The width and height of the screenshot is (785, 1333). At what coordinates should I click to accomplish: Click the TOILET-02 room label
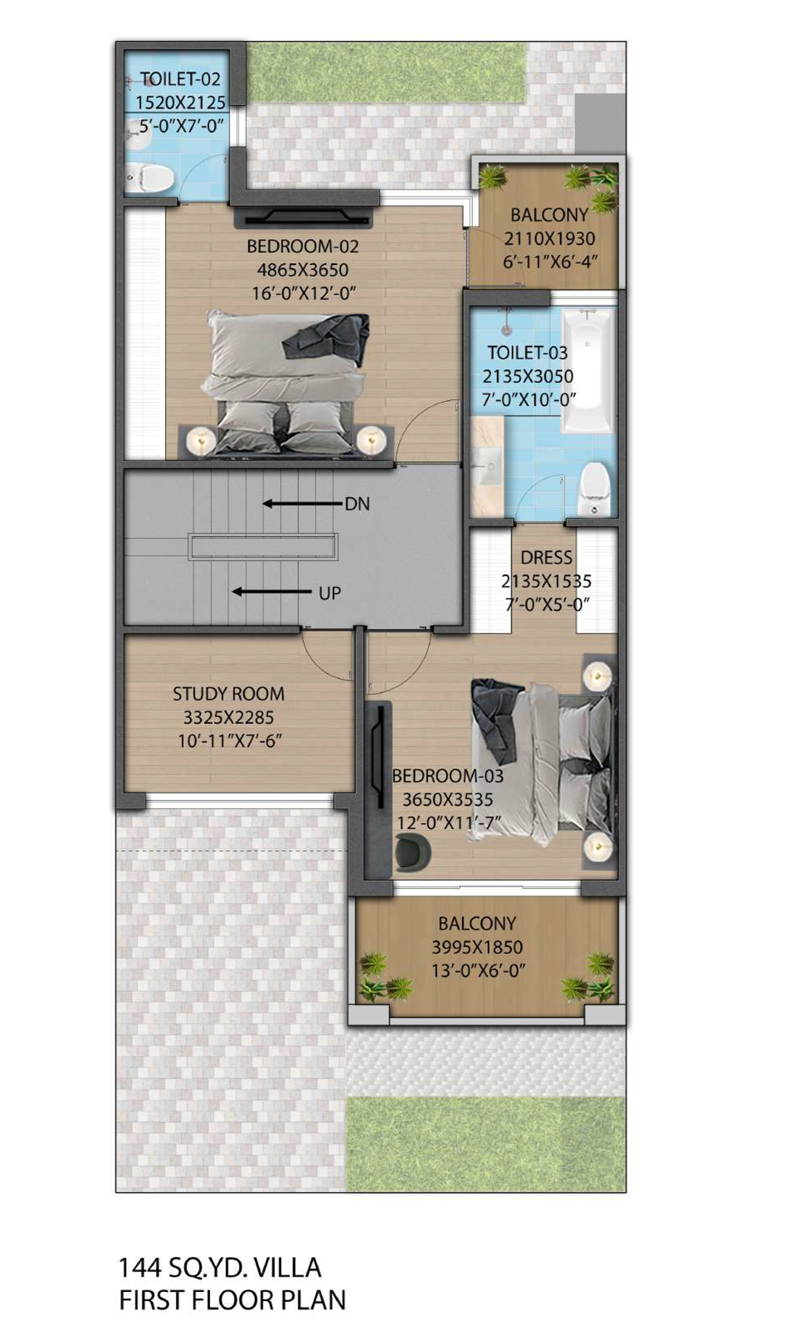(180, 79)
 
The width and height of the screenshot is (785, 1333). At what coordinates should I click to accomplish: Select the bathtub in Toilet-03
(588, 370)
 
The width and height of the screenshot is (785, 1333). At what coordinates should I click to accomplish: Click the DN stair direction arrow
(302, 503)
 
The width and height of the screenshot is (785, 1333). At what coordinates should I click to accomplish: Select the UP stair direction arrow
(272, 592)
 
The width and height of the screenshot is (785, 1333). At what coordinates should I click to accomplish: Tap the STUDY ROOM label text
(228, 694)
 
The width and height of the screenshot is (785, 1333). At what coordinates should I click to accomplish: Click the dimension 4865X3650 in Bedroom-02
(302, 269)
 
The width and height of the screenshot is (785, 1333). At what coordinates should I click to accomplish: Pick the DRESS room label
(547, 557)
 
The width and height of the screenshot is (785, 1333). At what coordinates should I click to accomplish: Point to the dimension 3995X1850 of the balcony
(477, 947)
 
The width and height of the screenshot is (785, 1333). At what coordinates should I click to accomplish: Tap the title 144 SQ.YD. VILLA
(220, 1268)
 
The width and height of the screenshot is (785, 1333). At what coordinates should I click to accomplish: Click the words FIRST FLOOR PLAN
(232, 1300)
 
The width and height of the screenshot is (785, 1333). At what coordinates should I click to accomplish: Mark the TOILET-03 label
(528, 352)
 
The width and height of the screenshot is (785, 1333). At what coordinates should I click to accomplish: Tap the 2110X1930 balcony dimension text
(550, 238)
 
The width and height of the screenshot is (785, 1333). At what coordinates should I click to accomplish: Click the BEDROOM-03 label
(448, 776)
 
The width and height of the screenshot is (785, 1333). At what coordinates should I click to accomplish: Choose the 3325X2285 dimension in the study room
(228, 717)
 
